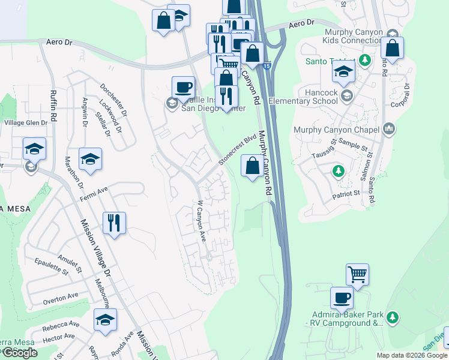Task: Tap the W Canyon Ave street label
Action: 202,221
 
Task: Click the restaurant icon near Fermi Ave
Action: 114,223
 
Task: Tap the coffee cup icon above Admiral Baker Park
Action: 342,298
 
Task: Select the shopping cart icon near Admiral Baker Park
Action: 357,275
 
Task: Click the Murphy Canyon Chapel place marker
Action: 389,129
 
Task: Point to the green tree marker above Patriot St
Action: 339,172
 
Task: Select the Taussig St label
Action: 324,150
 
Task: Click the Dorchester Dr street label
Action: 113,100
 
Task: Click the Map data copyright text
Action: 411,355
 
